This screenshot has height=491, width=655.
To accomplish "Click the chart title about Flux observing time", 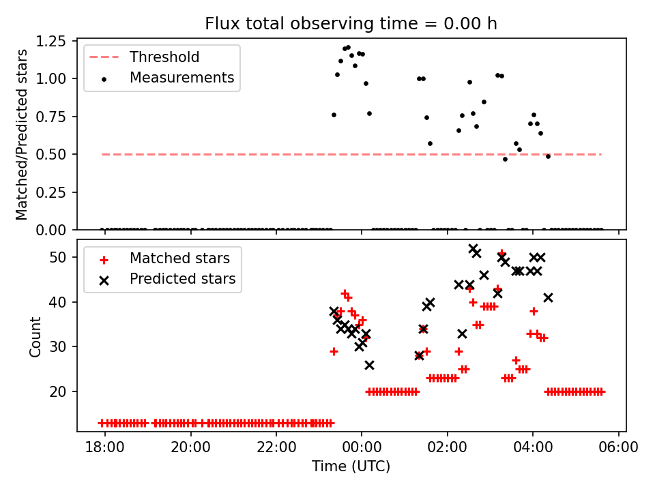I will (x=351, y=24).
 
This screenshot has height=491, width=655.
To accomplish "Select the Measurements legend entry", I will (x=181, y=78).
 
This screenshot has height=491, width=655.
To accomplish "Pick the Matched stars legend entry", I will (x=179, y=258).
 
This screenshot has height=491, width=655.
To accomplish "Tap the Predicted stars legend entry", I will (x=182, y=279).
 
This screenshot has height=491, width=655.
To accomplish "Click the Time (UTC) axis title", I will (x=351, y=466).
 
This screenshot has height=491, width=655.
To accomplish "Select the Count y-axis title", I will (x=35, y=337).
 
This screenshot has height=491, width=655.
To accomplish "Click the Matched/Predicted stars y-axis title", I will (x=23, y=134).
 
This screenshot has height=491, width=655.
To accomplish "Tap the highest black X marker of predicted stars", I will (x=473, y=249).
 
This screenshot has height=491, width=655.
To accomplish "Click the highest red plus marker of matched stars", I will (x=501, y=253).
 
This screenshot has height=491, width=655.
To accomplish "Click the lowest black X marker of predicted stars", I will (x=369, y=365).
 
